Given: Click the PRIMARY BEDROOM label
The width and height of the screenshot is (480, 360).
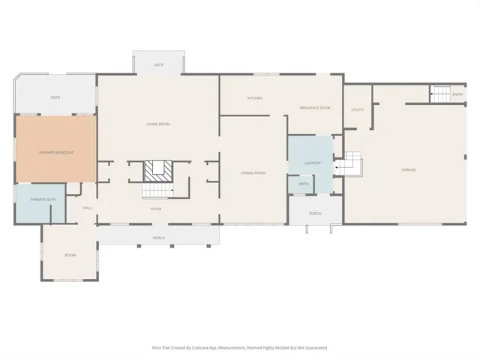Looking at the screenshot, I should pyautogui.click(x=56, y=152).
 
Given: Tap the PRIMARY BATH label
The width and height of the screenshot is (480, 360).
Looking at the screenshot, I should pyautogui.click(x=43, y=199).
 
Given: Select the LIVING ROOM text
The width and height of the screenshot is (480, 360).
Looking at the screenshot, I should pyautogui.click(x=157, y=124).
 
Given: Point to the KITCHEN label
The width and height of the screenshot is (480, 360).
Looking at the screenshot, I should pyautogui.click(x=254, y=98).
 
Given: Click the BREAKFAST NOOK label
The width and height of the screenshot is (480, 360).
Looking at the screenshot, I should pyautogui.click(x=315, y=108).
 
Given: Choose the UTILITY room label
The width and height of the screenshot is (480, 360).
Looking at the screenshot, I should pyautogui.click(x=357, y=109).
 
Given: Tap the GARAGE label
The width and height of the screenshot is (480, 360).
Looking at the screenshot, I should pyautogui.click(x=408, y=169).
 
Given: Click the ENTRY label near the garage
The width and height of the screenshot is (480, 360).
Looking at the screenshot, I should pyautogui.click(x=457, y=94).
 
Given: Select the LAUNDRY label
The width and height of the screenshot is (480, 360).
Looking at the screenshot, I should pyautogui.click(x=313, y=163).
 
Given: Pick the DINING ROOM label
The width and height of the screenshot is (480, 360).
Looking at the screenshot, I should pyautogui.click(x=253, y=172).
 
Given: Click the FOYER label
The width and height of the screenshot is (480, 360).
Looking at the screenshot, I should pyautogui.click(x=156, y=208).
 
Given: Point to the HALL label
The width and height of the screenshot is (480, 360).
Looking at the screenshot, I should pyautogui.click(x=87, y=208).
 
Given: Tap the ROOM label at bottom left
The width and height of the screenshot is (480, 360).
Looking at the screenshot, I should pyautogui.click(x=70, y=255).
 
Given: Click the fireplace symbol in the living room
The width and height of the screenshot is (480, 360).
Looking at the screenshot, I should pyautogui.click(x=158, y=170).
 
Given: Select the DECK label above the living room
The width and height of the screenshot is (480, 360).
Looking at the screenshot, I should pyautogui.click(x=158, y=65).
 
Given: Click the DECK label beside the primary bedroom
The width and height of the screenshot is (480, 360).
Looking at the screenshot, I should pyautogui.click(x=55, y=97).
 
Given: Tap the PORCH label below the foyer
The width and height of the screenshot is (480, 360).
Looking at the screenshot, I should pyautogui.click(x=158, y=238).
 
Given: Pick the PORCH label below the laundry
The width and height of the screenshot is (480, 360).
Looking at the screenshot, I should pyautogui.click(x=315, y=213).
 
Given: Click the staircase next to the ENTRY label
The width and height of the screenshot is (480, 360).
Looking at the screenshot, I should pyautogui.click(x=439, y=94).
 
